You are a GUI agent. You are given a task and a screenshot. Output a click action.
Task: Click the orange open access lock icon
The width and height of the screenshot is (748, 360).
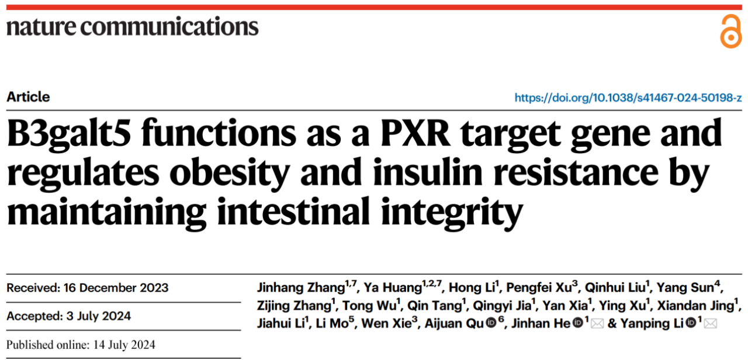click(x=730, y=31)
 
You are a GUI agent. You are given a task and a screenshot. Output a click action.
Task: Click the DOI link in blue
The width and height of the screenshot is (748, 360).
click(x=628, y=98)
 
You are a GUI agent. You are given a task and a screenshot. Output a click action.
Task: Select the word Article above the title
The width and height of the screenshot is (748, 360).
click(x=29, y=97)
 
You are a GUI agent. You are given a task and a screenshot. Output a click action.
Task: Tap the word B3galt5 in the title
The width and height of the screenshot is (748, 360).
click(x=69, y=134)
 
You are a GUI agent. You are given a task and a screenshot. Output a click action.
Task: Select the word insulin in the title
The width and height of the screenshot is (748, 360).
click(x=428, y=172)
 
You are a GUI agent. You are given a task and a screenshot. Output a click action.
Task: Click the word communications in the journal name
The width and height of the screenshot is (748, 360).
click(x=169, y=26)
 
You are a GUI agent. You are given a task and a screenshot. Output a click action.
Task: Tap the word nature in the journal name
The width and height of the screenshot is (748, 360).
click(x=41, y=27)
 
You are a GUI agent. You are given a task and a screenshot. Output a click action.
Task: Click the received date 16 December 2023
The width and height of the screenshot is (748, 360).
click(x=116, y=288)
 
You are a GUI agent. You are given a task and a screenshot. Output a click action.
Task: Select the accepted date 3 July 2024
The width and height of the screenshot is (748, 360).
click(x=99, y=316)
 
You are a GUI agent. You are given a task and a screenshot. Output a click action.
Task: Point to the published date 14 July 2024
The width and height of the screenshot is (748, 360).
click(x=124, y=345)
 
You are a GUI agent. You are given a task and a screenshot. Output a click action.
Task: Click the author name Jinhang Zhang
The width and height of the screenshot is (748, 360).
click(x=301, y=288)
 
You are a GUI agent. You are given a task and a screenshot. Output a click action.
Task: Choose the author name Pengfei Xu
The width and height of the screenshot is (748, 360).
click(x=539, y=287)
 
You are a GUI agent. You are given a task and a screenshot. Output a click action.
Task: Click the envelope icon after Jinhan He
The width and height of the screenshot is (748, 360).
click(x=597, y=324)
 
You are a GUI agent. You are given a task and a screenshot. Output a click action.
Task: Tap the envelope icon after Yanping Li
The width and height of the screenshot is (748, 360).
click(x=711, y=324)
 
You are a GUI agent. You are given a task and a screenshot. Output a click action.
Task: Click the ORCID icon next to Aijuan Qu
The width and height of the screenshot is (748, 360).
click(x=491, y=323)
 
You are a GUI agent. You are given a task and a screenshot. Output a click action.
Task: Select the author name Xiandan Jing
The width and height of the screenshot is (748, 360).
click(x=696, y=306)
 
